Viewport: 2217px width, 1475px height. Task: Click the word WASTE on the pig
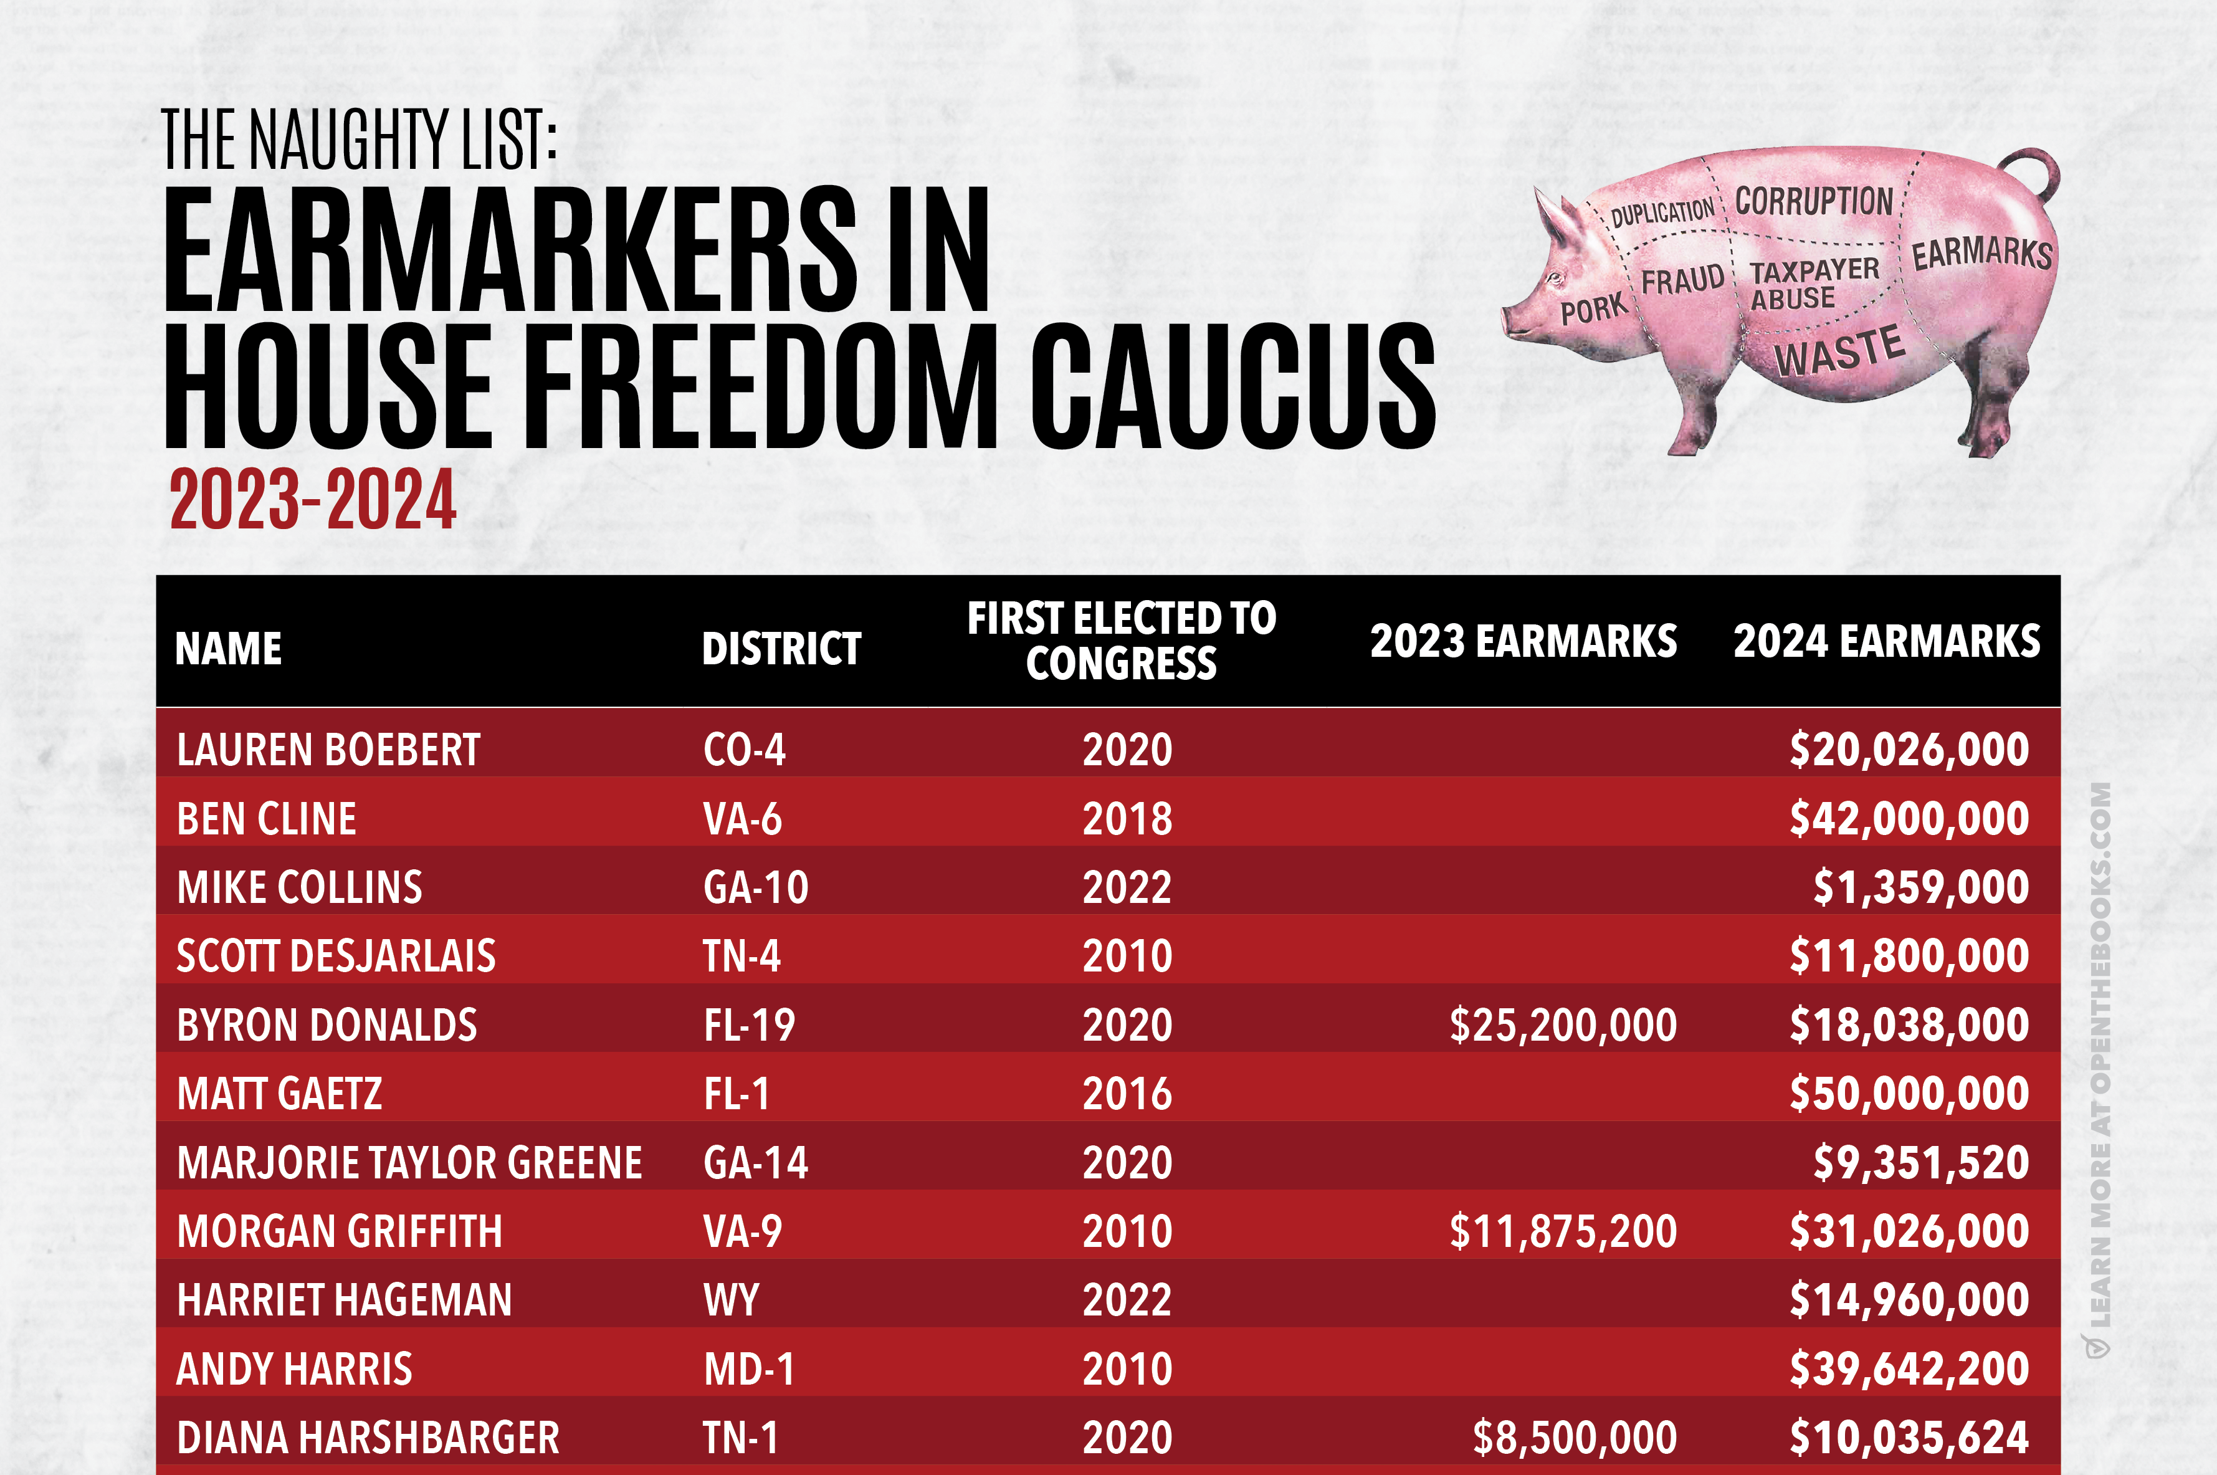pyautogui.click(x=1840, y=350)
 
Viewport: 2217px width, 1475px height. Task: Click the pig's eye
pyautogui.click(x=1556, y=279)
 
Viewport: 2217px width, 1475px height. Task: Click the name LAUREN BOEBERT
pyautogui.click(x=328, y=750)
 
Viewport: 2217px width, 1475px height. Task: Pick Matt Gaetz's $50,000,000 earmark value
pyautogui.click(x=1909, y=1093)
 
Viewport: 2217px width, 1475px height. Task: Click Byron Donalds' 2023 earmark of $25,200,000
pyautogui.click(x=1562, y=1024)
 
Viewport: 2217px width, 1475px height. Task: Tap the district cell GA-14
pyautogui.click(x=755, y=1163)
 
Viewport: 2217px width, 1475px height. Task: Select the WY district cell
pyautogui.click(x=731, y=1300)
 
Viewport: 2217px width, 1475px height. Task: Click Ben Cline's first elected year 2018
pyautogui.click(x=1127, y=818)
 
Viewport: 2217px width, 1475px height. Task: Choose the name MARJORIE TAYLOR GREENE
pyautogui.click(x=409, y=1163)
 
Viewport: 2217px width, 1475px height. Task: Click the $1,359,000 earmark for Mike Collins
pyautogui.click(x=1920, y=887)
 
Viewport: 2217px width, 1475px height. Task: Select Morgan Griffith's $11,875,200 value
pyautogui.click(x=1562, y=1231)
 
